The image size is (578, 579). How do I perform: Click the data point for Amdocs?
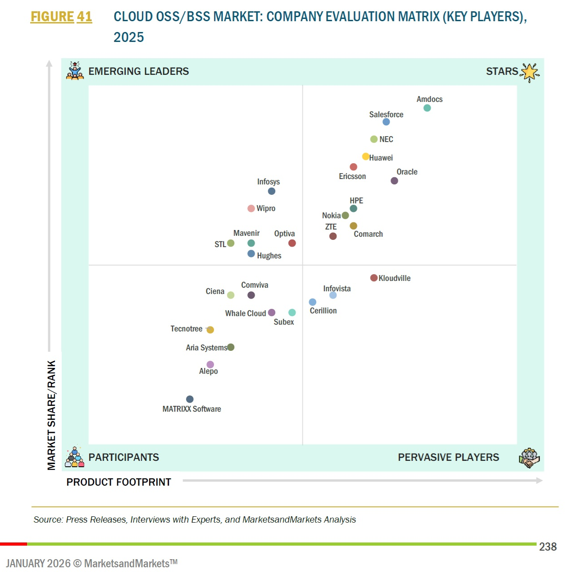click(427, 108)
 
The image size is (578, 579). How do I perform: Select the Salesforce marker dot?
click(386, 122)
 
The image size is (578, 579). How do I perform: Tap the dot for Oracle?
click(394, 181)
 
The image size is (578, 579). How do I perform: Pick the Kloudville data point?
click(374, 278)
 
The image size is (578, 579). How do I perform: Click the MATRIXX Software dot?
click(190, 399)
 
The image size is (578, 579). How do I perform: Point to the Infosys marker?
click(272, 191)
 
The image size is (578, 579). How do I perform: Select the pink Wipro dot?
click(251, 208)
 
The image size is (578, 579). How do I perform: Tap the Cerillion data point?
click(313, 302)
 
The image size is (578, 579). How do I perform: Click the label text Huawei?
click(381, 158)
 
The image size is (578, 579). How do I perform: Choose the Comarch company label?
click(368, 234)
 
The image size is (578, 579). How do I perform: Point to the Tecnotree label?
click(186, 329)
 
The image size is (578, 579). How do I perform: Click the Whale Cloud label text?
click(245, 313)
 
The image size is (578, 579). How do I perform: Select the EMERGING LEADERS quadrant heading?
click(138, 71)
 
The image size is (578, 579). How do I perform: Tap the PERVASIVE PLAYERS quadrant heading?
click(448, 457)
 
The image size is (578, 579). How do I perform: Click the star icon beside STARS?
click(530, 72)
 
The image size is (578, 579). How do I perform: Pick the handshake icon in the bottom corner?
click(529, 458)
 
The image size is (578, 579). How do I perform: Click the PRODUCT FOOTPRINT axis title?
click(118, 482)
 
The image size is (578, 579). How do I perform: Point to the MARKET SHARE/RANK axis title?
click(52, 415)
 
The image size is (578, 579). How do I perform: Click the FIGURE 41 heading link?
click(61, 17)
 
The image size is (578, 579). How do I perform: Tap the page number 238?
click(548, 547)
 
